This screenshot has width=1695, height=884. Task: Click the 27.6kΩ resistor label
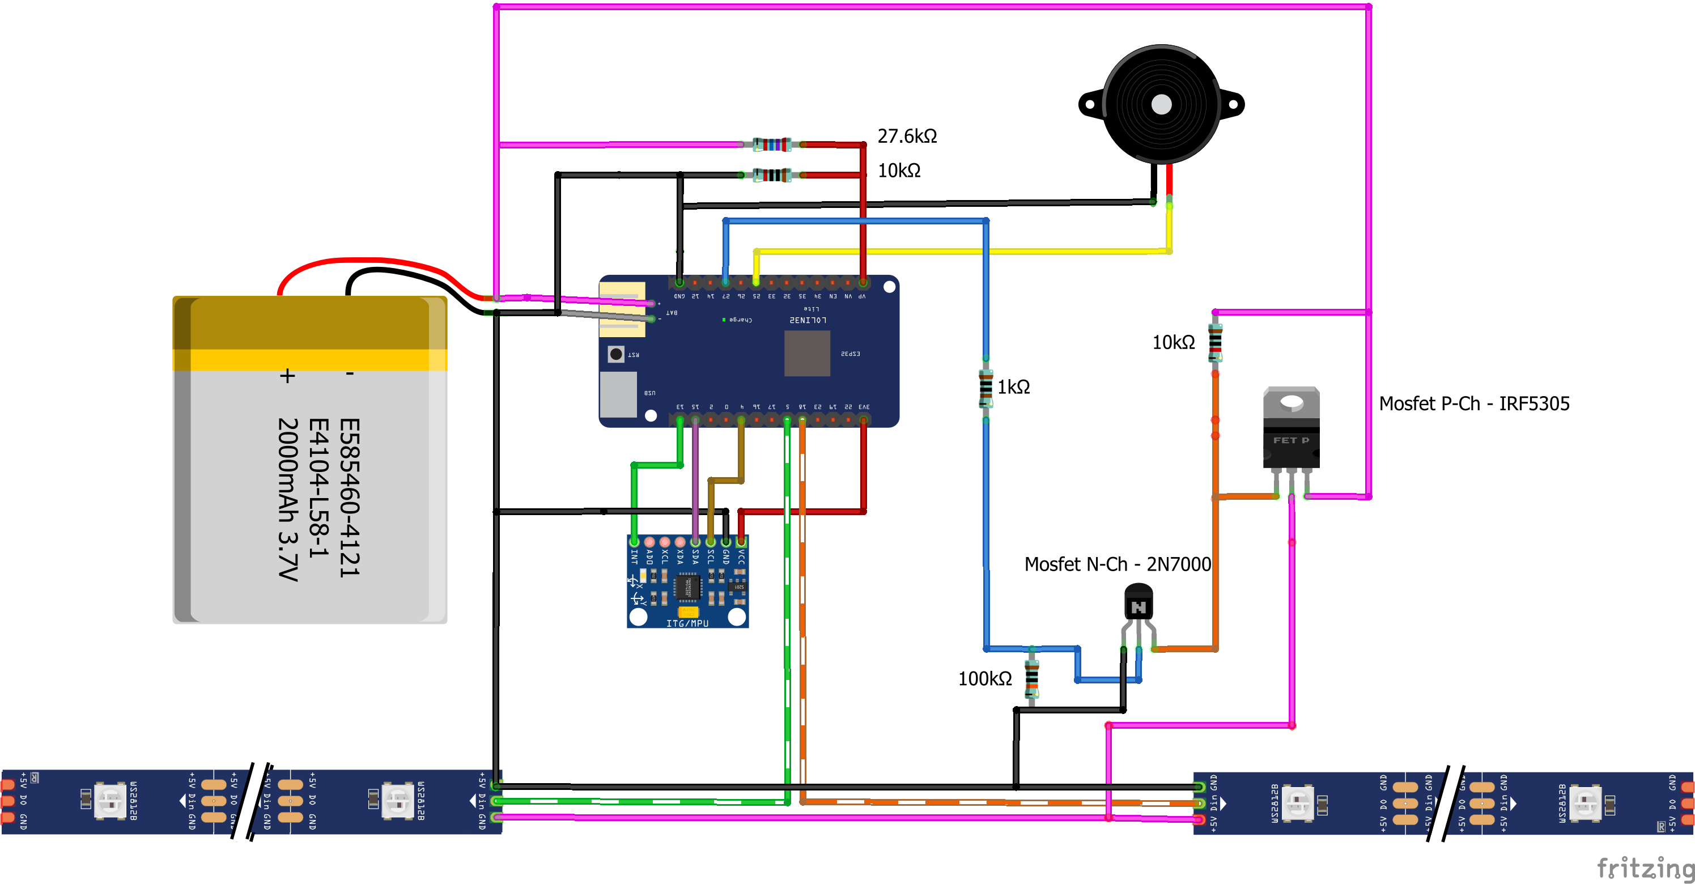click(907, 136)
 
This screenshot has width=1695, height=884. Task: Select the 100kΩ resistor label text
click(984, 679)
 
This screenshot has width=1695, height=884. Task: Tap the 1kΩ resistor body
click(985, 388)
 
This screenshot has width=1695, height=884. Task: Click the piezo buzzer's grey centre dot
click(1161, 104)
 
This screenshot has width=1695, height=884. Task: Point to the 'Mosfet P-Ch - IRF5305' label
click(1474, 404)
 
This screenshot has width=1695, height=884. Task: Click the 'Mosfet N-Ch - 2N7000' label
click(1118, 564)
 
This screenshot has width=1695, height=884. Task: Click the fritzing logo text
click(1645, 868)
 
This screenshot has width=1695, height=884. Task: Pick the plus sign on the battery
click(287, 376)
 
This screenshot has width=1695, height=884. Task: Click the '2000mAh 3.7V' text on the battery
click(288, 500)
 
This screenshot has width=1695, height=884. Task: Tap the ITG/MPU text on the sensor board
click(687, 623)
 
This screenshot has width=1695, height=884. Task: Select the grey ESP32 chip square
click(808, 353)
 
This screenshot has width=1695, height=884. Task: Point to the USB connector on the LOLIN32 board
click(618, 394)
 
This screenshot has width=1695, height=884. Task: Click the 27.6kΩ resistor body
click(771, 144)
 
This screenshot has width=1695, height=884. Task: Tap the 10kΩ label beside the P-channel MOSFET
click(1173, 343)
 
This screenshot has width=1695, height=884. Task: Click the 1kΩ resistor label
click(1013, 388)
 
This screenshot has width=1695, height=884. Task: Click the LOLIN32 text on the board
click(808, 320)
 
